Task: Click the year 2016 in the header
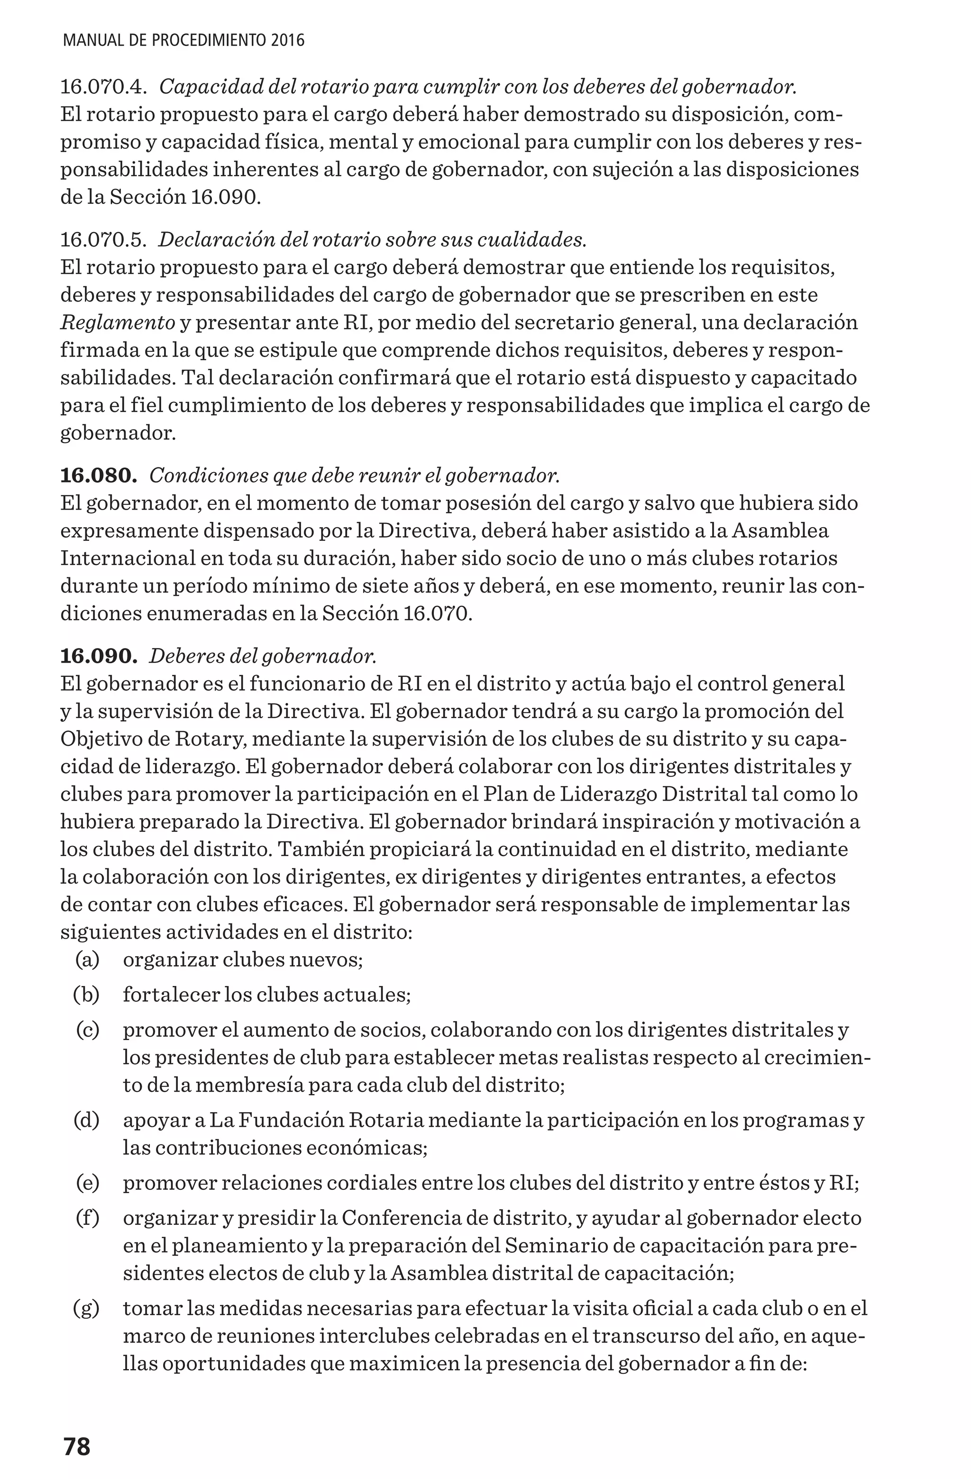tap(288, 41)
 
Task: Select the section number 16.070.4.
tap(103, 87)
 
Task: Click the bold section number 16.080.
tap(98, 475)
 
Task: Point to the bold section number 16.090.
tap(98, 656)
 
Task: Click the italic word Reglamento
tap(118, 322)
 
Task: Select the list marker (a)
tap(87, 959)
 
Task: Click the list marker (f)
tap(87, 1218)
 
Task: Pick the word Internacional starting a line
tap(128, 558)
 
